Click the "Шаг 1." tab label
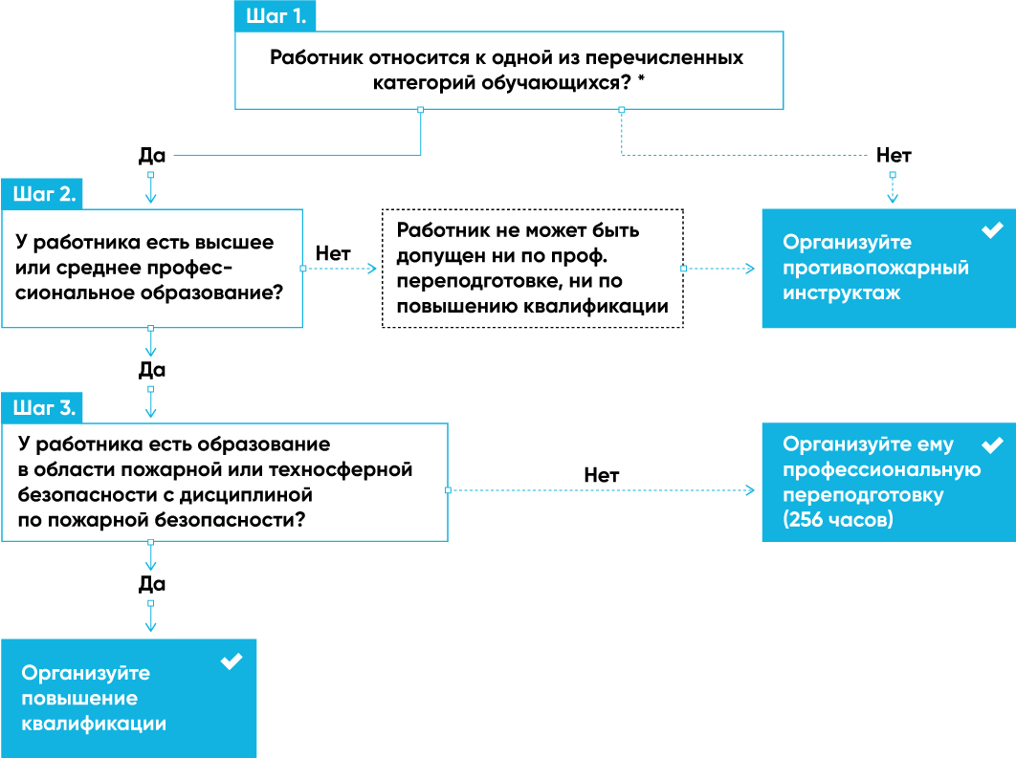pyautogui.click(x=276, y=16)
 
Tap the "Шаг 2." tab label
pyautogui.click(x=44, y=193)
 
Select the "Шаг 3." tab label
pyautogui.click(x=44, y=408)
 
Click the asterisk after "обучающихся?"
pyautogui.click(x=642, y=79)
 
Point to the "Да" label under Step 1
pyautogui.click(x=152, y=156)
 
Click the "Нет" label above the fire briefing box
pyautogui.click(x=894, y=156)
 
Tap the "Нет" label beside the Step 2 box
pyautogui.click(x=333, y=253)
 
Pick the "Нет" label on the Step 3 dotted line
pyautogui.click(x=602, y=475)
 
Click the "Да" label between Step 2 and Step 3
pyautogui.click(x=152, y=370)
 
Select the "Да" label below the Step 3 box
pyautogui.click(x=152, y=584)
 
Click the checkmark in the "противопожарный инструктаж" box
pyautogui.click(x=992, y=229)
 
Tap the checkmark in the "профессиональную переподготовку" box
pyautogui.click(x=992, y=444)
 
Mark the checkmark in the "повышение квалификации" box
pyautogui.click(x=232, y=661)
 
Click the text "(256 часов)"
pyautogui.click(x=838, y=519)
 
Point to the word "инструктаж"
pyautogui.click(x=842, y=293)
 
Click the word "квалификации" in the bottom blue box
pyautogui.click(x=94, y=724)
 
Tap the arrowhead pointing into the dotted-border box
pyautogui.click(x=372, y=268)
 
